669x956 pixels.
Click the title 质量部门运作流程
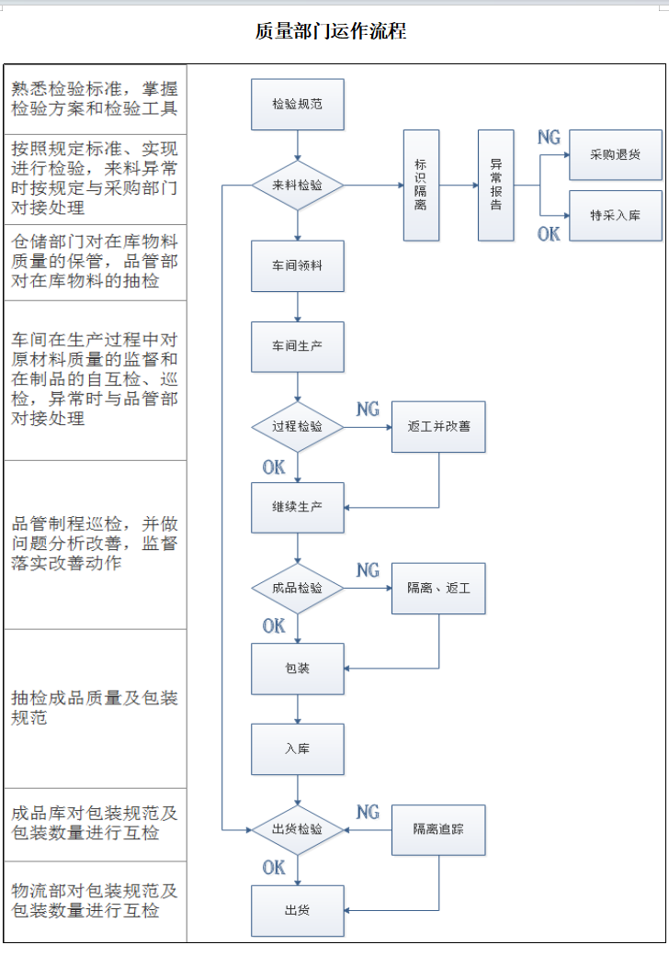[330, 31]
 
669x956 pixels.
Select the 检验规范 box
[297, 104]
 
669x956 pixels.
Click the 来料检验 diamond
[297, 185]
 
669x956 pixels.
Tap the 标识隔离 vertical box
[420, 186]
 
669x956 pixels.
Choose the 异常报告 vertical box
[495, 186]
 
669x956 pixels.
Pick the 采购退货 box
[615, 154]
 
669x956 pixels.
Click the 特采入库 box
[615, 216]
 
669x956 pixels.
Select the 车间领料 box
[297, 265]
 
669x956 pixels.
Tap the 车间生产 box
[297, 346]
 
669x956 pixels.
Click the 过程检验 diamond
[297, 427]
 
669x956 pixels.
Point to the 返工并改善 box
[438, 427]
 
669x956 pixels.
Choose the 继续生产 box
[297, 507]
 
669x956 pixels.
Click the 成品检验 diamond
[297, 588]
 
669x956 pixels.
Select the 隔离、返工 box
[438, 588]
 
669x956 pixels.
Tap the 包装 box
[297, 669]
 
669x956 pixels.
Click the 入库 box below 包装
[297, 748]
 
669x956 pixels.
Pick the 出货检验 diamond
[297, 829]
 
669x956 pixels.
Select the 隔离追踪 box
[438, 829]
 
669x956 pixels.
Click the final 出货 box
[297, 910]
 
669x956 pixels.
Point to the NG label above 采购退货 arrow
[549, 138]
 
